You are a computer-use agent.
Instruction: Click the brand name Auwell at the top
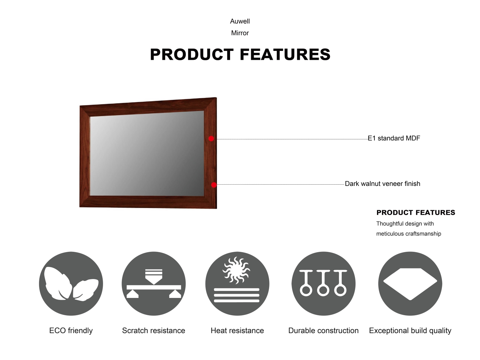pos(240,21)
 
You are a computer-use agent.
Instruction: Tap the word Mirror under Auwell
pos(240,33)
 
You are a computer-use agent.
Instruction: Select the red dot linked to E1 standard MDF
pos(211,139)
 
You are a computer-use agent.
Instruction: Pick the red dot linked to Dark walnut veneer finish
pos(214,185)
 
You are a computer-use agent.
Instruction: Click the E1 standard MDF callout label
pos(394,138)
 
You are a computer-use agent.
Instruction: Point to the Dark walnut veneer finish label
pos(382,184)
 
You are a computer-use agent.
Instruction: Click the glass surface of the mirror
pos(147,153)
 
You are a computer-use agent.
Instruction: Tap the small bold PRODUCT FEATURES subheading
pos(416,212)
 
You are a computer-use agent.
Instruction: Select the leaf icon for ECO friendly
pos(71,284)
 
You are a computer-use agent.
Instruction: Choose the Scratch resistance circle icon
pos(154,284)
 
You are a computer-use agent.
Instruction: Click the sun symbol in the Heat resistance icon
pos(236,270)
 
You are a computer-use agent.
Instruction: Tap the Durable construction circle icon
pos(324,284)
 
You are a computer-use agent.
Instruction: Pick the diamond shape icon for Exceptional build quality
pos(410,284)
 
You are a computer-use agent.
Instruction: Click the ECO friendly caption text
pos(71,331)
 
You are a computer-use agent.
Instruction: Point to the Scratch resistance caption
pos(154,331)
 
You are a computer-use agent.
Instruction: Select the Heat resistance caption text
pos(237,331)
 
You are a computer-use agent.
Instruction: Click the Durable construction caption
pos(324,331)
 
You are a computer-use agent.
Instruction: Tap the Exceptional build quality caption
pos(410,331)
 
